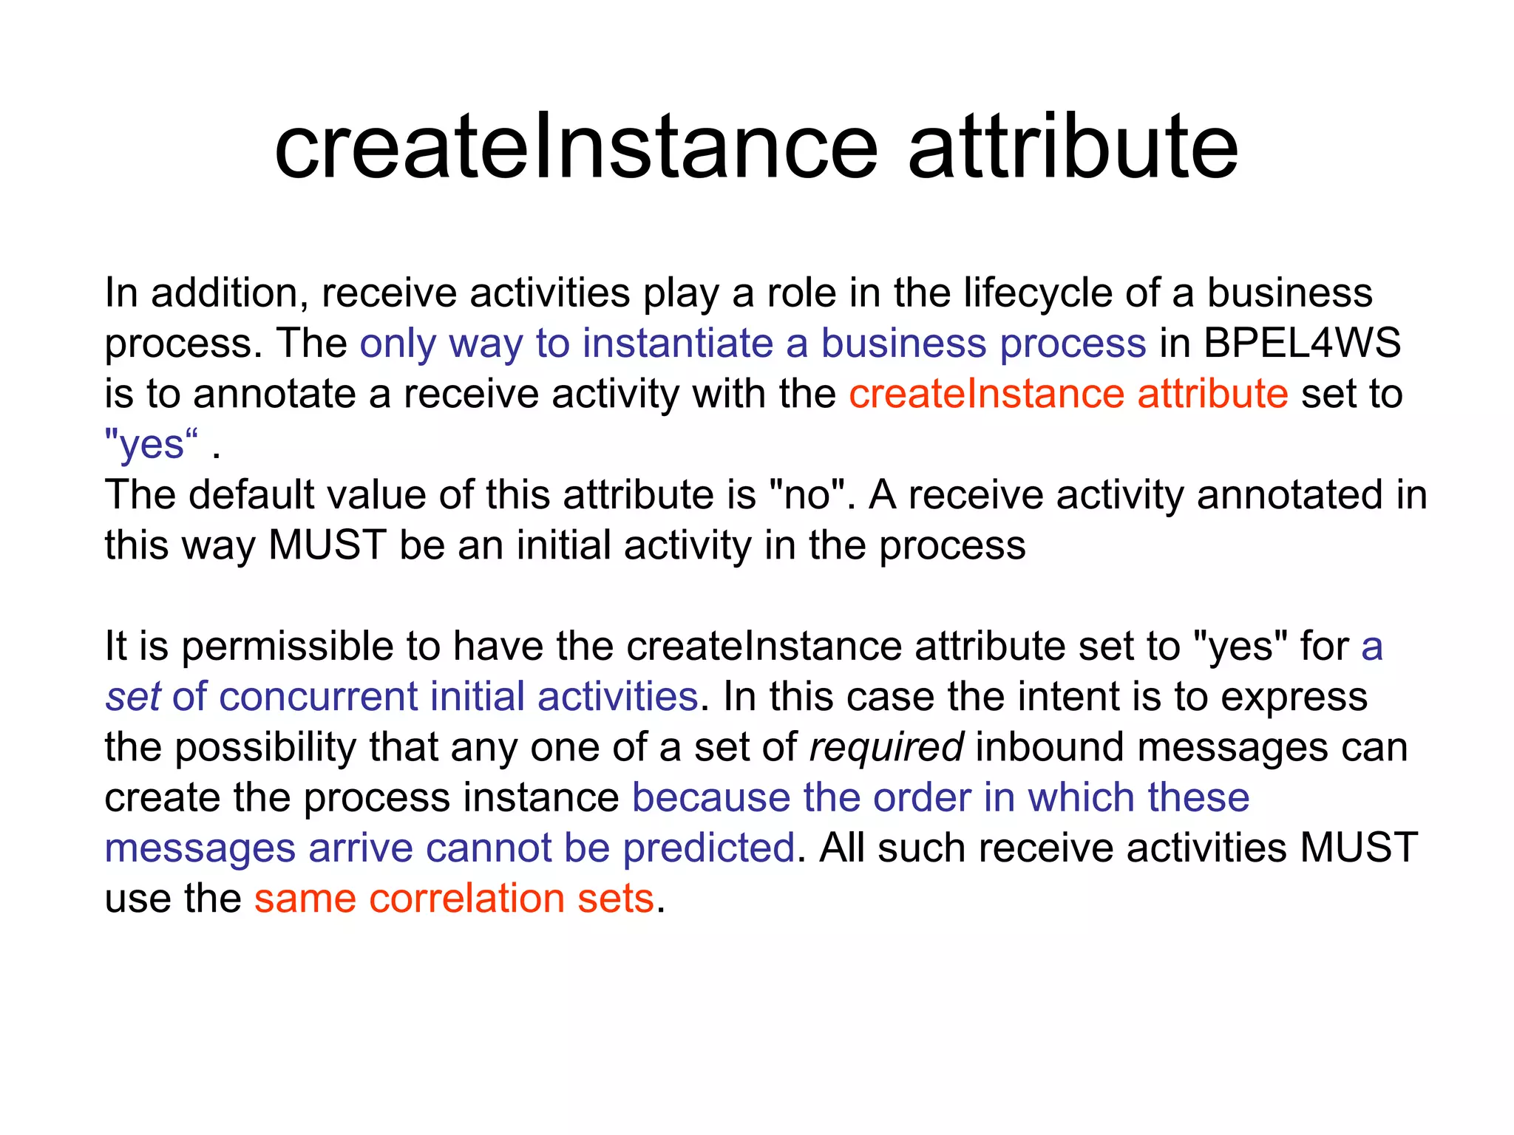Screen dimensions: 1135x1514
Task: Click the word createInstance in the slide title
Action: tap(576, 147)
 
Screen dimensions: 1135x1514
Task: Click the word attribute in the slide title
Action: tap(1073, 147)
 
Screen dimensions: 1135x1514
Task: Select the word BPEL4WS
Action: tap(1302, 344)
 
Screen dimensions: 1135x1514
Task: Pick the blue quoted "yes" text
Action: tap(152, 445)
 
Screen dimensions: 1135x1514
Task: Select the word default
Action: tap(251, 495)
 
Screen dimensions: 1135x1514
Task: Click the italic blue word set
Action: tap(133, 698)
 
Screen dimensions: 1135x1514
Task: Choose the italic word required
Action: tap(886, 748)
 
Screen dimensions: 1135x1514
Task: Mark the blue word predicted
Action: tap(708, 849)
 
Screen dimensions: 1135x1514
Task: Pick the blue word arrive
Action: tap(360, 849)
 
